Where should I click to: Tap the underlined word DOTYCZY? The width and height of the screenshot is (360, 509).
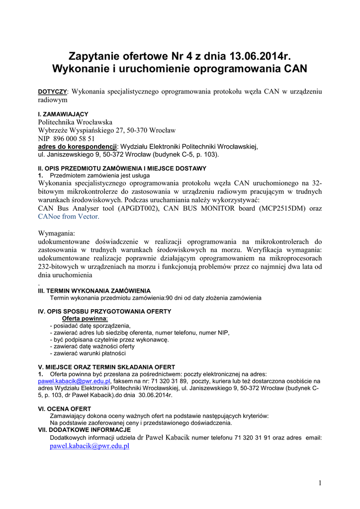point(53,92)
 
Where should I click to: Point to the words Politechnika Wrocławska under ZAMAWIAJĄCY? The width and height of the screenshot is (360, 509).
point(75,122)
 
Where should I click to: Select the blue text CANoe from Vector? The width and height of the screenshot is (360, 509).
point(69,216)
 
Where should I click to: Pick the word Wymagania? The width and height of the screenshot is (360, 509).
point(57,233)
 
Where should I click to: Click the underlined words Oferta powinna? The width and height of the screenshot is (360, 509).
point(84,318)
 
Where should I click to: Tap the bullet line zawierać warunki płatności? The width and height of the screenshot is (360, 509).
point(88,353)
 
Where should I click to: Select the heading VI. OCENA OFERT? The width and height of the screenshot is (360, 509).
point(65,409)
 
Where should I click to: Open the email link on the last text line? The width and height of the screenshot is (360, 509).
point(90,446)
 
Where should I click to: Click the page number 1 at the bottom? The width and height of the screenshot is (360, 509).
point(320,483)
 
